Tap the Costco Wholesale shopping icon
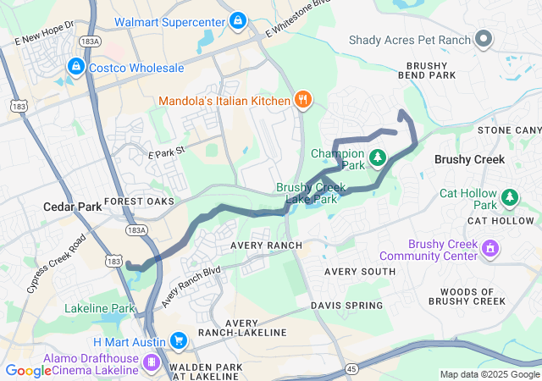pyautogui.click(x=76, y=65)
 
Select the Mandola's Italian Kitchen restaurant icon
pyautogui.click(x=302, y=101)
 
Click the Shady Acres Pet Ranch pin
pyautogui.click(x=484, y=38)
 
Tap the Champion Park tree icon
pyautogui.click(x=377, y=158)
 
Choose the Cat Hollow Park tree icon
pyautogui.click(x=509, y=198)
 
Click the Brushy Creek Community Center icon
pyautogui.click(x=489, y=249)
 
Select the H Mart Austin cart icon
pyautogui.click(x=178, y=340)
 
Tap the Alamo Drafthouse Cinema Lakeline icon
pyautogui.click(x=152, y=363)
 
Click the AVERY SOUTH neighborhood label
pyautogui.click(x=360, y=271)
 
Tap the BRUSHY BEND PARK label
pyautogui.click(x=431, y=70)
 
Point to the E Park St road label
pyautogui.click(x=166, y=155)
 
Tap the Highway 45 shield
pyautogui.click(x=351, y=368)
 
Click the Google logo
pyautogui.click(x=28, y=370)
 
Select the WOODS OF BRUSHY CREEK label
pyautogui.click(x=467, y=295)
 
